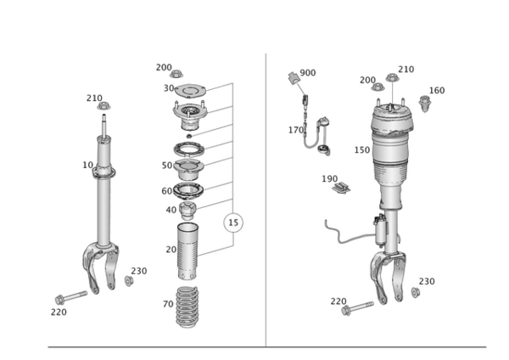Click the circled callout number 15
233,222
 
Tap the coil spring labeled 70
187,307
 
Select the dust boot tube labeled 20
187,250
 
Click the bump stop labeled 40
188,211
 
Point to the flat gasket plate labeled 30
190,90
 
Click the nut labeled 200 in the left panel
176,75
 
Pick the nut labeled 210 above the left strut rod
103,106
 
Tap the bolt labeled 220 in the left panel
71,298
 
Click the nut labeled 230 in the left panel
129,281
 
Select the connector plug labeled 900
294,78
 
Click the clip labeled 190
341,188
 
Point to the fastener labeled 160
424,104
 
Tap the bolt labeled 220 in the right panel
357,308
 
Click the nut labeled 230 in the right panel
415,292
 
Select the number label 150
362,150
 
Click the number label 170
296,130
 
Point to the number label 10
87,165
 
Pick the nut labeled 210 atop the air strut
392,77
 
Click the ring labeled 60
188,191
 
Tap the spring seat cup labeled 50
188,170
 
